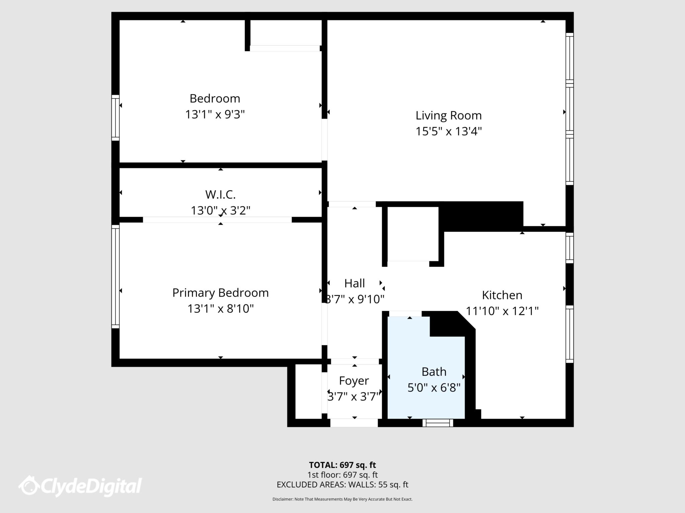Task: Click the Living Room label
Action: click(449, 116)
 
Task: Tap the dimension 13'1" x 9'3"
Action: click(215, 115)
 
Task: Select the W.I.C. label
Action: click(220, 194)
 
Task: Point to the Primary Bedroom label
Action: click(220, 293)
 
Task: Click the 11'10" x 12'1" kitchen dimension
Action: click(502, 311)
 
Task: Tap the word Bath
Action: click(434, 372)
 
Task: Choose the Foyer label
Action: click(354, 381)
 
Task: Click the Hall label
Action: click(355, 283)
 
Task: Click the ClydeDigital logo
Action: click(80, 486)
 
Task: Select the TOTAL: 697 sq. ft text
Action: click(342, 465)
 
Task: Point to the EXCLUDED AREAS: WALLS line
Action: click(342, 485)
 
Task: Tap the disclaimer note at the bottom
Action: click(342, 499)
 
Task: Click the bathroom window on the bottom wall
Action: click(437, 423)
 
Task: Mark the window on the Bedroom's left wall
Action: click(115, 118)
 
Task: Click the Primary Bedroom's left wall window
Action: click(115, 277)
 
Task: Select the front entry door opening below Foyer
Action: click(354, 423)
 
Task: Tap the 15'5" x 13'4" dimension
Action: click(449, 131)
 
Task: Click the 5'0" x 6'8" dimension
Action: click(434, 388)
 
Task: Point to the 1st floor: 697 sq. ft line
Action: click(342, 475)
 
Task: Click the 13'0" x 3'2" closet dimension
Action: click(220, 210)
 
